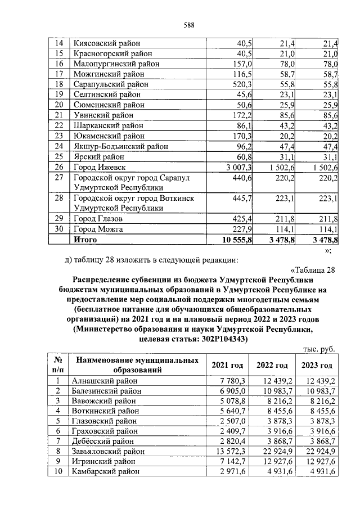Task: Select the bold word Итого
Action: pos(85,240)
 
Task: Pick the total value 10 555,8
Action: pos(236,240)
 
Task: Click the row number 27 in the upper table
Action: pos(56,178)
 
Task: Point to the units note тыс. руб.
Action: pos(319,349)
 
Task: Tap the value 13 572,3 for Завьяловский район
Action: pos(239,451)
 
